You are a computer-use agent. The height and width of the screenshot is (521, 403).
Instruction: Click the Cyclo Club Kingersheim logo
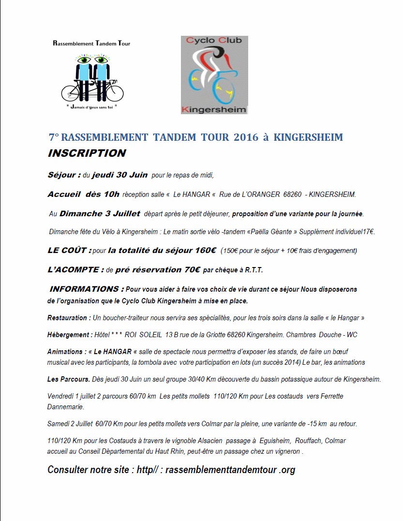click(214, 74)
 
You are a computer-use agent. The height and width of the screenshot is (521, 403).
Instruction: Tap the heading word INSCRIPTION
click(87, 153)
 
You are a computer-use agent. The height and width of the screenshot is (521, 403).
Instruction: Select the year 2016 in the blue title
click(246, 137)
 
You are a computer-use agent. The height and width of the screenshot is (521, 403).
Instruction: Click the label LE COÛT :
click(69, 251)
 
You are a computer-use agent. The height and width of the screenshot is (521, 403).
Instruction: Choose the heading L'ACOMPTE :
click(75, 270)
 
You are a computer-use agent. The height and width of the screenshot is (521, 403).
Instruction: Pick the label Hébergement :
click(70, 335)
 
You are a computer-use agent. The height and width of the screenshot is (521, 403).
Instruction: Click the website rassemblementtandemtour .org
click(230, 470)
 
